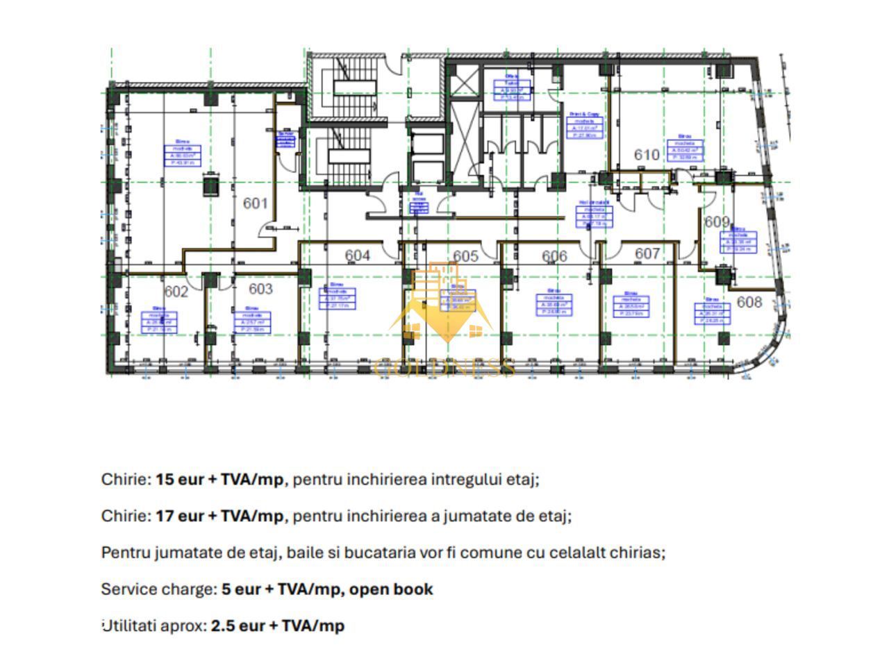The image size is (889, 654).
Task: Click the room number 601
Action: (256, 203)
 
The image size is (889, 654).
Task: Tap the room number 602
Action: (176, 292)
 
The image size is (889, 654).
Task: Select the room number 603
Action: (260, 289)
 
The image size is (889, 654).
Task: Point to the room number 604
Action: (357, 255)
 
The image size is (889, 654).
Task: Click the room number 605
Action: (465, 256)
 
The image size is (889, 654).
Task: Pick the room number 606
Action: (554, 256)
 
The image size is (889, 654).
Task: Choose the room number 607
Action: (647, 254)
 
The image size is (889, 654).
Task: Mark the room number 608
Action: (749, 302)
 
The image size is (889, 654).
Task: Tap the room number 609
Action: (717, 222)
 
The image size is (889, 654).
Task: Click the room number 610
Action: (647, 155)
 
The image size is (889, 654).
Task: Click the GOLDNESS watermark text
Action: (444, 367)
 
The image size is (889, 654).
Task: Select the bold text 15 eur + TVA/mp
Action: (219, 480)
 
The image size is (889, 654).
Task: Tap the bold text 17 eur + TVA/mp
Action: (219, 517)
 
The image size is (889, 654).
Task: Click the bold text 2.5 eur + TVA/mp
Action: (277, 626)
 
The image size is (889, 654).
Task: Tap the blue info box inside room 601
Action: (183, 156)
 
